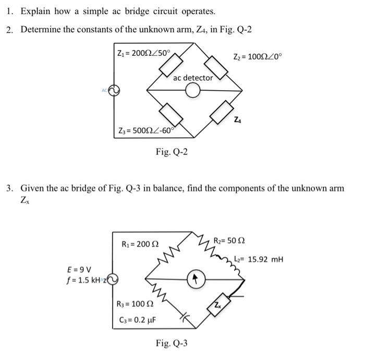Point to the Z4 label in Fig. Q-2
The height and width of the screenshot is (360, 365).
click(238, 121)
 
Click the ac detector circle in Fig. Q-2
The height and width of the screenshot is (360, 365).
click(193, 91)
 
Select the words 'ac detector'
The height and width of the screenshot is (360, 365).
click(193, 78)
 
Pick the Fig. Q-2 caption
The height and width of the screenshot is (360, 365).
click(172, 152)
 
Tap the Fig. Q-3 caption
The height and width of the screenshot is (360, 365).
click(172, 343)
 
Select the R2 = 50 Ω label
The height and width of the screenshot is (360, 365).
click(229, 241)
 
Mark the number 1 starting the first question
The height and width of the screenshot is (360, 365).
click(9, 11)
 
